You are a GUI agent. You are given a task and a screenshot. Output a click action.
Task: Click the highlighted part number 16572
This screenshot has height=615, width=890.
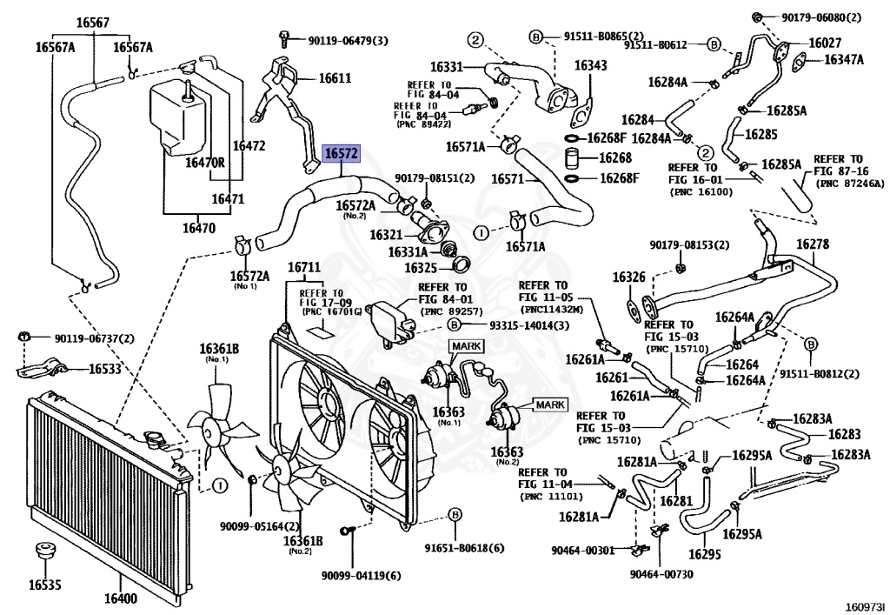click(341, 153)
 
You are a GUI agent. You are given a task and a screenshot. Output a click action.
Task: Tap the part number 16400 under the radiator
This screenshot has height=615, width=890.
click(120, 598)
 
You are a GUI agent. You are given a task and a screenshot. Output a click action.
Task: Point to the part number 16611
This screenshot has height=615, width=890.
click(335, 77)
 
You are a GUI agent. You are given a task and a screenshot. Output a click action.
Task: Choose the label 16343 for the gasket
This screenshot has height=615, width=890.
click(590, 65)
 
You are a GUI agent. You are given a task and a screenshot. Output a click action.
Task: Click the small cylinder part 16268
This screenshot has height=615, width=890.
click(575, 158)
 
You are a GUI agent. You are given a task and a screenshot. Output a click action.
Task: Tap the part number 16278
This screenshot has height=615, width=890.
click(813, 244)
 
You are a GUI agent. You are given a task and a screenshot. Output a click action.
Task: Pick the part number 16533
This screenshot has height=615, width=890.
click(105, 369)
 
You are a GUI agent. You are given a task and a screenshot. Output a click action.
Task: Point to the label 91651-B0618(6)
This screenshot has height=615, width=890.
click(464, 548)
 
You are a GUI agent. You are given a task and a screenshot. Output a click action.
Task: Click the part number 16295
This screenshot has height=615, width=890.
click(704, 553)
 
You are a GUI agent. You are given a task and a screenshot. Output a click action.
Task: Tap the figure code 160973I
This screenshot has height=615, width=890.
click(867, 607)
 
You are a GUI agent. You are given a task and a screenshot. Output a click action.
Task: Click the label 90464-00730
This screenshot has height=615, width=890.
click(661, 574)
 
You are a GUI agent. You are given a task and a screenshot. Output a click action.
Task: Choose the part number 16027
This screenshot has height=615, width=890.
click(825, 43)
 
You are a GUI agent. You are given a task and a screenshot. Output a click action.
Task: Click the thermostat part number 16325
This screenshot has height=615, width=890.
click(421, 267)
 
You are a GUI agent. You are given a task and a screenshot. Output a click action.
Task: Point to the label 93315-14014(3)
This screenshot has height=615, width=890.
click(529, 325)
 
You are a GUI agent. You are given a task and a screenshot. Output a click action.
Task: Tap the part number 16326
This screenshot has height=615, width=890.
click(629, 277)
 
